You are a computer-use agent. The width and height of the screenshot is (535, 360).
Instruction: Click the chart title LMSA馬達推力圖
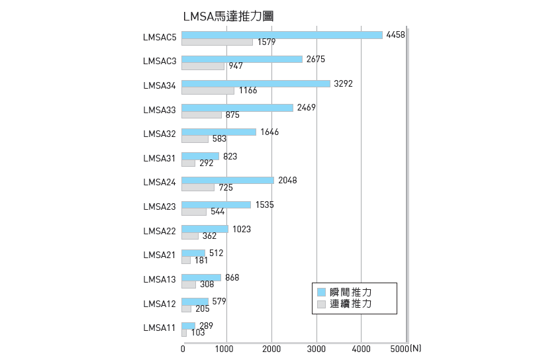(228, 17)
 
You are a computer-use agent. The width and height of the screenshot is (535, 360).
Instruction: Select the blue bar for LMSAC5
(282, 34)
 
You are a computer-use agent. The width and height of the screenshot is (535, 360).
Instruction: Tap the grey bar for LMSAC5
(217, 42)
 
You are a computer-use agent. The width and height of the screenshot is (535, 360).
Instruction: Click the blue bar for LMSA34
(256, 83)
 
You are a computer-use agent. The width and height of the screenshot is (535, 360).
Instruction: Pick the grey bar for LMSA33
(201, 115)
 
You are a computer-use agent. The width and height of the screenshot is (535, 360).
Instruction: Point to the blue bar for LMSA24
(228, 180)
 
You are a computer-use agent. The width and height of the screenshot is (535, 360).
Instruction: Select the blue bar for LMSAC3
(242, 59)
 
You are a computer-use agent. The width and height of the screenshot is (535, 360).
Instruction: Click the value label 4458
(395, 34)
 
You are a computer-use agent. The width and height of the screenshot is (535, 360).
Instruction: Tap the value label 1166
(248, 91)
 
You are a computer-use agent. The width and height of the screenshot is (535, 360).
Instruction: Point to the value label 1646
(269, 132)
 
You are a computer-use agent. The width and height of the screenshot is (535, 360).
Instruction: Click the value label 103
(197, 333)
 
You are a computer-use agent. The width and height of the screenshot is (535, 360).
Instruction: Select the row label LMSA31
(160, 158)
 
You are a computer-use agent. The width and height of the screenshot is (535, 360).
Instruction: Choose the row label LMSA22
(160, 231)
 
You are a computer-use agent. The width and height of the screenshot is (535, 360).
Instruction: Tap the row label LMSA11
(160, 328)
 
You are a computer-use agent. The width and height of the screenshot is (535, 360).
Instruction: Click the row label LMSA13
(160, 279)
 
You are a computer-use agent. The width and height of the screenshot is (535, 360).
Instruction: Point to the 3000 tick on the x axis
(316, 348)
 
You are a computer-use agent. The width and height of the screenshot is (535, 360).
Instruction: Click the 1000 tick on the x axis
(226, 348)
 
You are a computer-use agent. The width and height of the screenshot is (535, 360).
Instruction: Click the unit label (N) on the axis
(414, 348)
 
